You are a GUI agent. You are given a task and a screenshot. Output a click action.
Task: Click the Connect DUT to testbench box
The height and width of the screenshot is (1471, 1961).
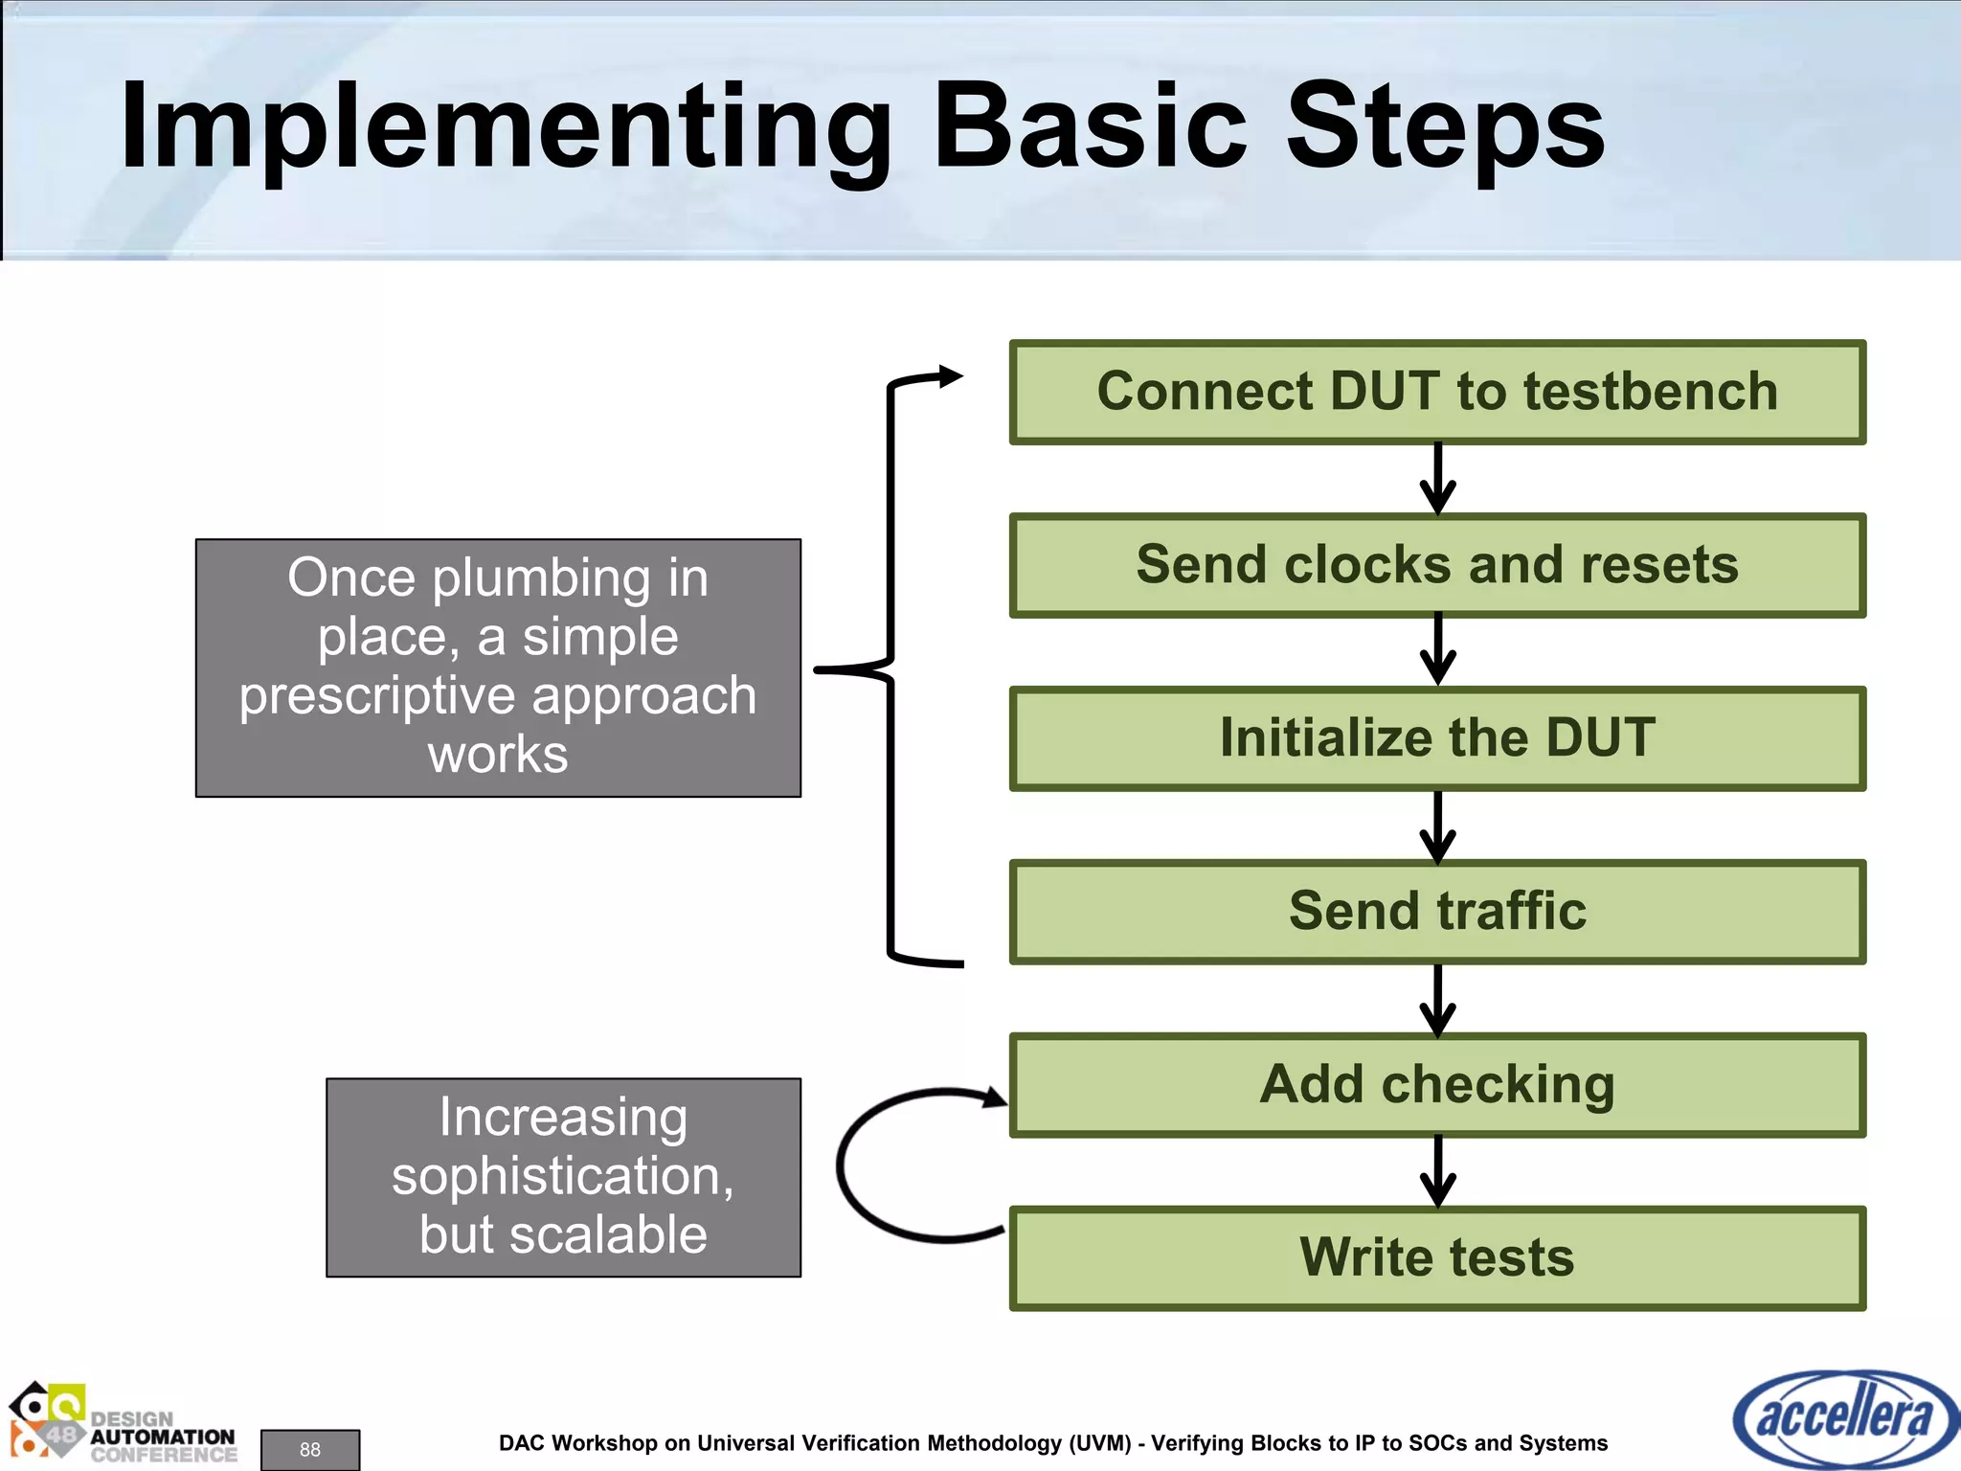(x=1436, y=392)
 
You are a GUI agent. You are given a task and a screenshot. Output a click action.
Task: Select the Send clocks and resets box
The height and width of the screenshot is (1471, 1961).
(x=1436, y=565)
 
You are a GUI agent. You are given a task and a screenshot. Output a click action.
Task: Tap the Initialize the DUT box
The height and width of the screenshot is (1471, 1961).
(x=1436, y=738)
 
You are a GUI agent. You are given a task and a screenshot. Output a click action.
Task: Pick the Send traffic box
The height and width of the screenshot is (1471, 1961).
(x=1436, y=912)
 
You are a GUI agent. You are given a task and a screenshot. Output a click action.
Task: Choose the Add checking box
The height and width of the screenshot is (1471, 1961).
(x=1436, y=1085)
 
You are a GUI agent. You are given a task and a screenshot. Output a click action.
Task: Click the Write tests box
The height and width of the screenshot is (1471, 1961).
(x=1436, y=1258)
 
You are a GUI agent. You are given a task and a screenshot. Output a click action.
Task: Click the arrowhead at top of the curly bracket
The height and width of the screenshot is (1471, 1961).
(x=950, y=376)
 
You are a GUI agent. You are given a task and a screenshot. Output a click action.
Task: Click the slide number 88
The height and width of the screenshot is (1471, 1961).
(x=309, y=1449)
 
